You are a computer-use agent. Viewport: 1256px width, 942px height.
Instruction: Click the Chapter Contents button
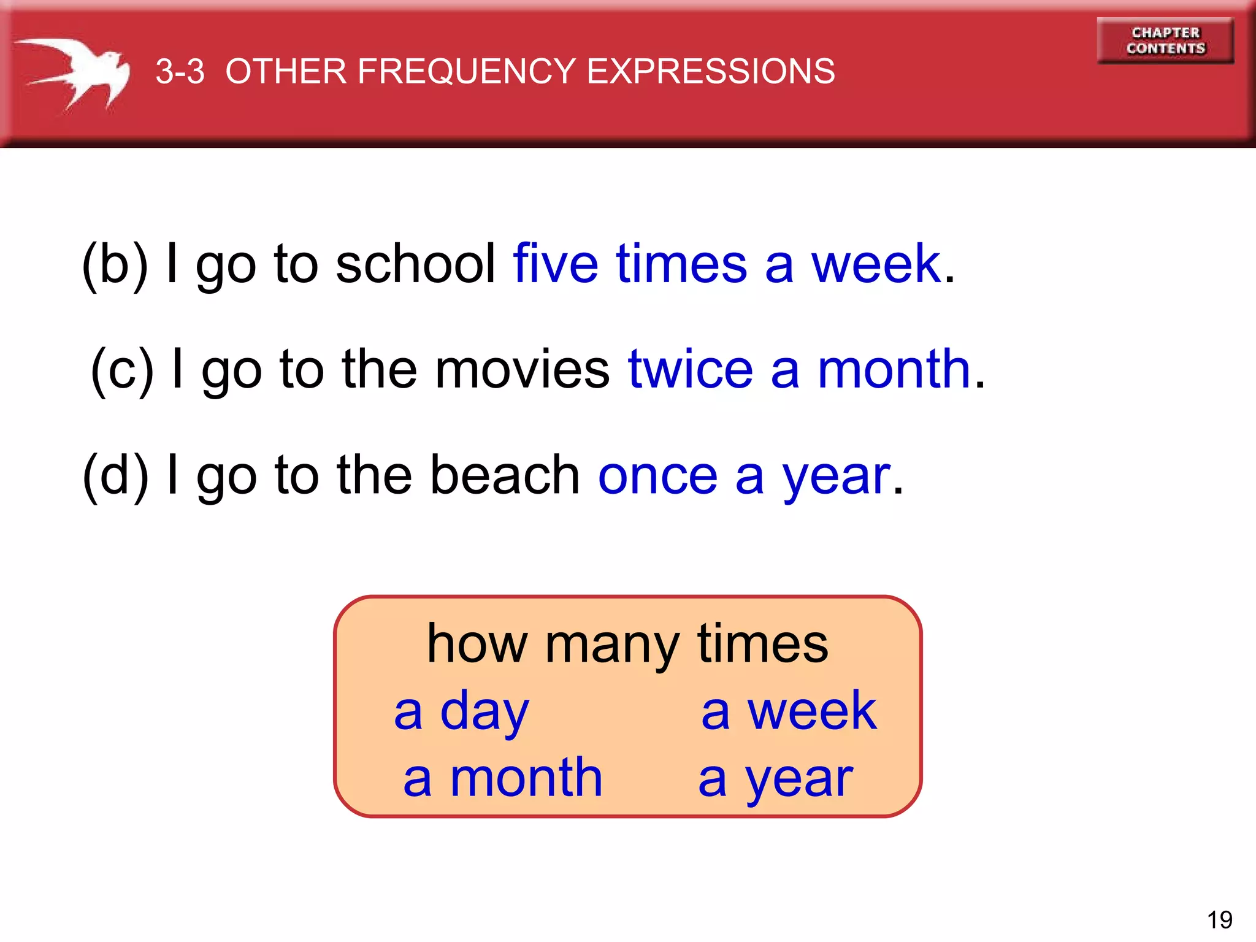click(x=1165, y=40)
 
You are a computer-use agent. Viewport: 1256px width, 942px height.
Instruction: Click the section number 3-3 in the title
click(x=180, y=71)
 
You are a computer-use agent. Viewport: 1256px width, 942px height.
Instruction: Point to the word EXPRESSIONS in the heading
click(x=711, y=71)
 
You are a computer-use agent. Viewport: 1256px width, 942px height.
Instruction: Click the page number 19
click(x=1219, y=920)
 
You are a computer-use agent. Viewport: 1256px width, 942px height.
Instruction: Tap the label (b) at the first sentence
click(x=115, y=264)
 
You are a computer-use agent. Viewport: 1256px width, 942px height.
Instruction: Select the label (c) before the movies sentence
click(x=121, y=369)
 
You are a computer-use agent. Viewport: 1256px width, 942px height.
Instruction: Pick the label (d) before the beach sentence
click(x=115, y=475)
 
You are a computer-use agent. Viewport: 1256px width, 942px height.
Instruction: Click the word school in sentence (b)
click(x=416, y=264)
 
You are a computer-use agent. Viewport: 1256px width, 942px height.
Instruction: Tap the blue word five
click(x=556, y=264)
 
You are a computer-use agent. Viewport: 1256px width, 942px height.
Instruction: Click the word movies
click(x=522, y=369)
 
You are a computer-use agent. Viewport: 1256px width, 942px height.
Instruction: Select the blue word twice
click(x=691, y=369)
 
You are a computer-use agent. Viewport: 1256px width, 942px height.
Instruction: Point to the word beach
click(x=505, y=475)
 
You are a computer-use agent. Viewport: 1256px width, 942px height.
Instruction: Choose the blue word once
click(x=657, y=475)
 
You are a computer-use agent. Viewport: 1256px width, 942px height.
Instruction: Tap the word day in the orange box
click(x=484, y=711)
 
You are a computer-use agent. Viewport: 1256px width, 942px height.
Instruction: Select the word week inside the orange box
click(x=812, y=711)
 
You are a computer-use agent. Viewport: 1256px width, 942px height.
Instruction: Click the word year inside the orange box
click(x=799, y=779)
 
